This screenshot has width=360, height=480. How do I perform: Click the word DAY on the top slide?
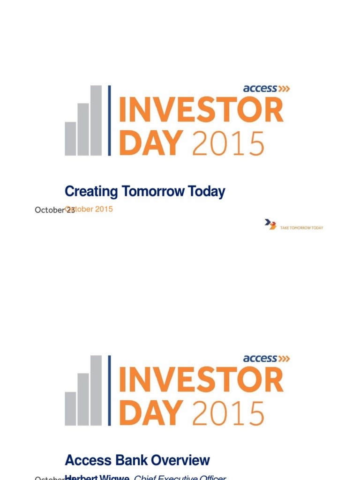coord(150,143)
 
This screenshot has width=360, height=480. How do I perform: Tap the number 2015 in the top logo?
coord(228,143)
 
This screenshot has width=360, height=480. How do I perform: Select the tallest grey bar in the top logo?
coord(96,120)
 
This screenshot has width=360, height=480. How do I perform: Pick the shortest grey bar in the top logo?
coord(70,138)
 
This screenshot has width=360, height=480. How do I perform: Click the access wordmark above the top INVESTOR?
coord(260,89)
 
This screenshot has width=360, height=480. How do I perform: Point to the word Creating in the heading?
coord(91,191)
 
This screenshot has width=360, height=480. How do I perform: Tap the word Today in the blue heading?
coord(207,191)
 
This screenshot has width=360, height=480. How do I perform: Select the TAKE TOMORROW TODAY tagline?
coord(301,227)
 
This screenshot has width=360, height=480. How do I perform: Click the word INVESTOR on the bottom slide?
coord(201,381)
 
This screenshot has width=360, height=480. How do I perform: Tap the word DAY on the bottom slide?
coord(150,413)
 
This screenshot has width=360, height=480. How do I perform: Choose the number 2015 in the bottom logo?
coord(228,413)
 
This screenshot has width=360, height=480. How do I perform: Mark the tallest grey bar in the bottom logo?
coord(96,390)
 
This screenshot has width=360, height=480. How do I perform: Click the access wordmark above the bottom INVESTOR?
coord(260,359)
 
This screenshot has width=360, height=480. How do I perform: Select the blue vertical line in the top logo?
coord(110,120)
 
